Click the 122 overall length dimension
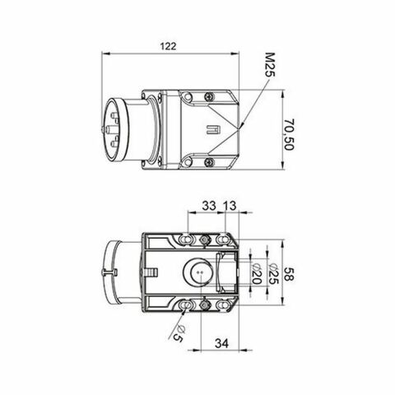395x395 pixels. pyautogui.click(x=168, y=47)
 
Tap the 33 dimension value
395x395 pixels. pyautogui.click(x=209, y=206)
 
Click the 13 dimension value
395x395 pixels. pyautogui.click(x=230, y=206)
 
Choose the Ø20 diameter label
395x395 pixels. pyautogui.click(x=256, y=278)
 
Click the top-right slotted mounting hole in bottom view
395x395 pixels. pyautogui.click(x=223, y=239)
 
